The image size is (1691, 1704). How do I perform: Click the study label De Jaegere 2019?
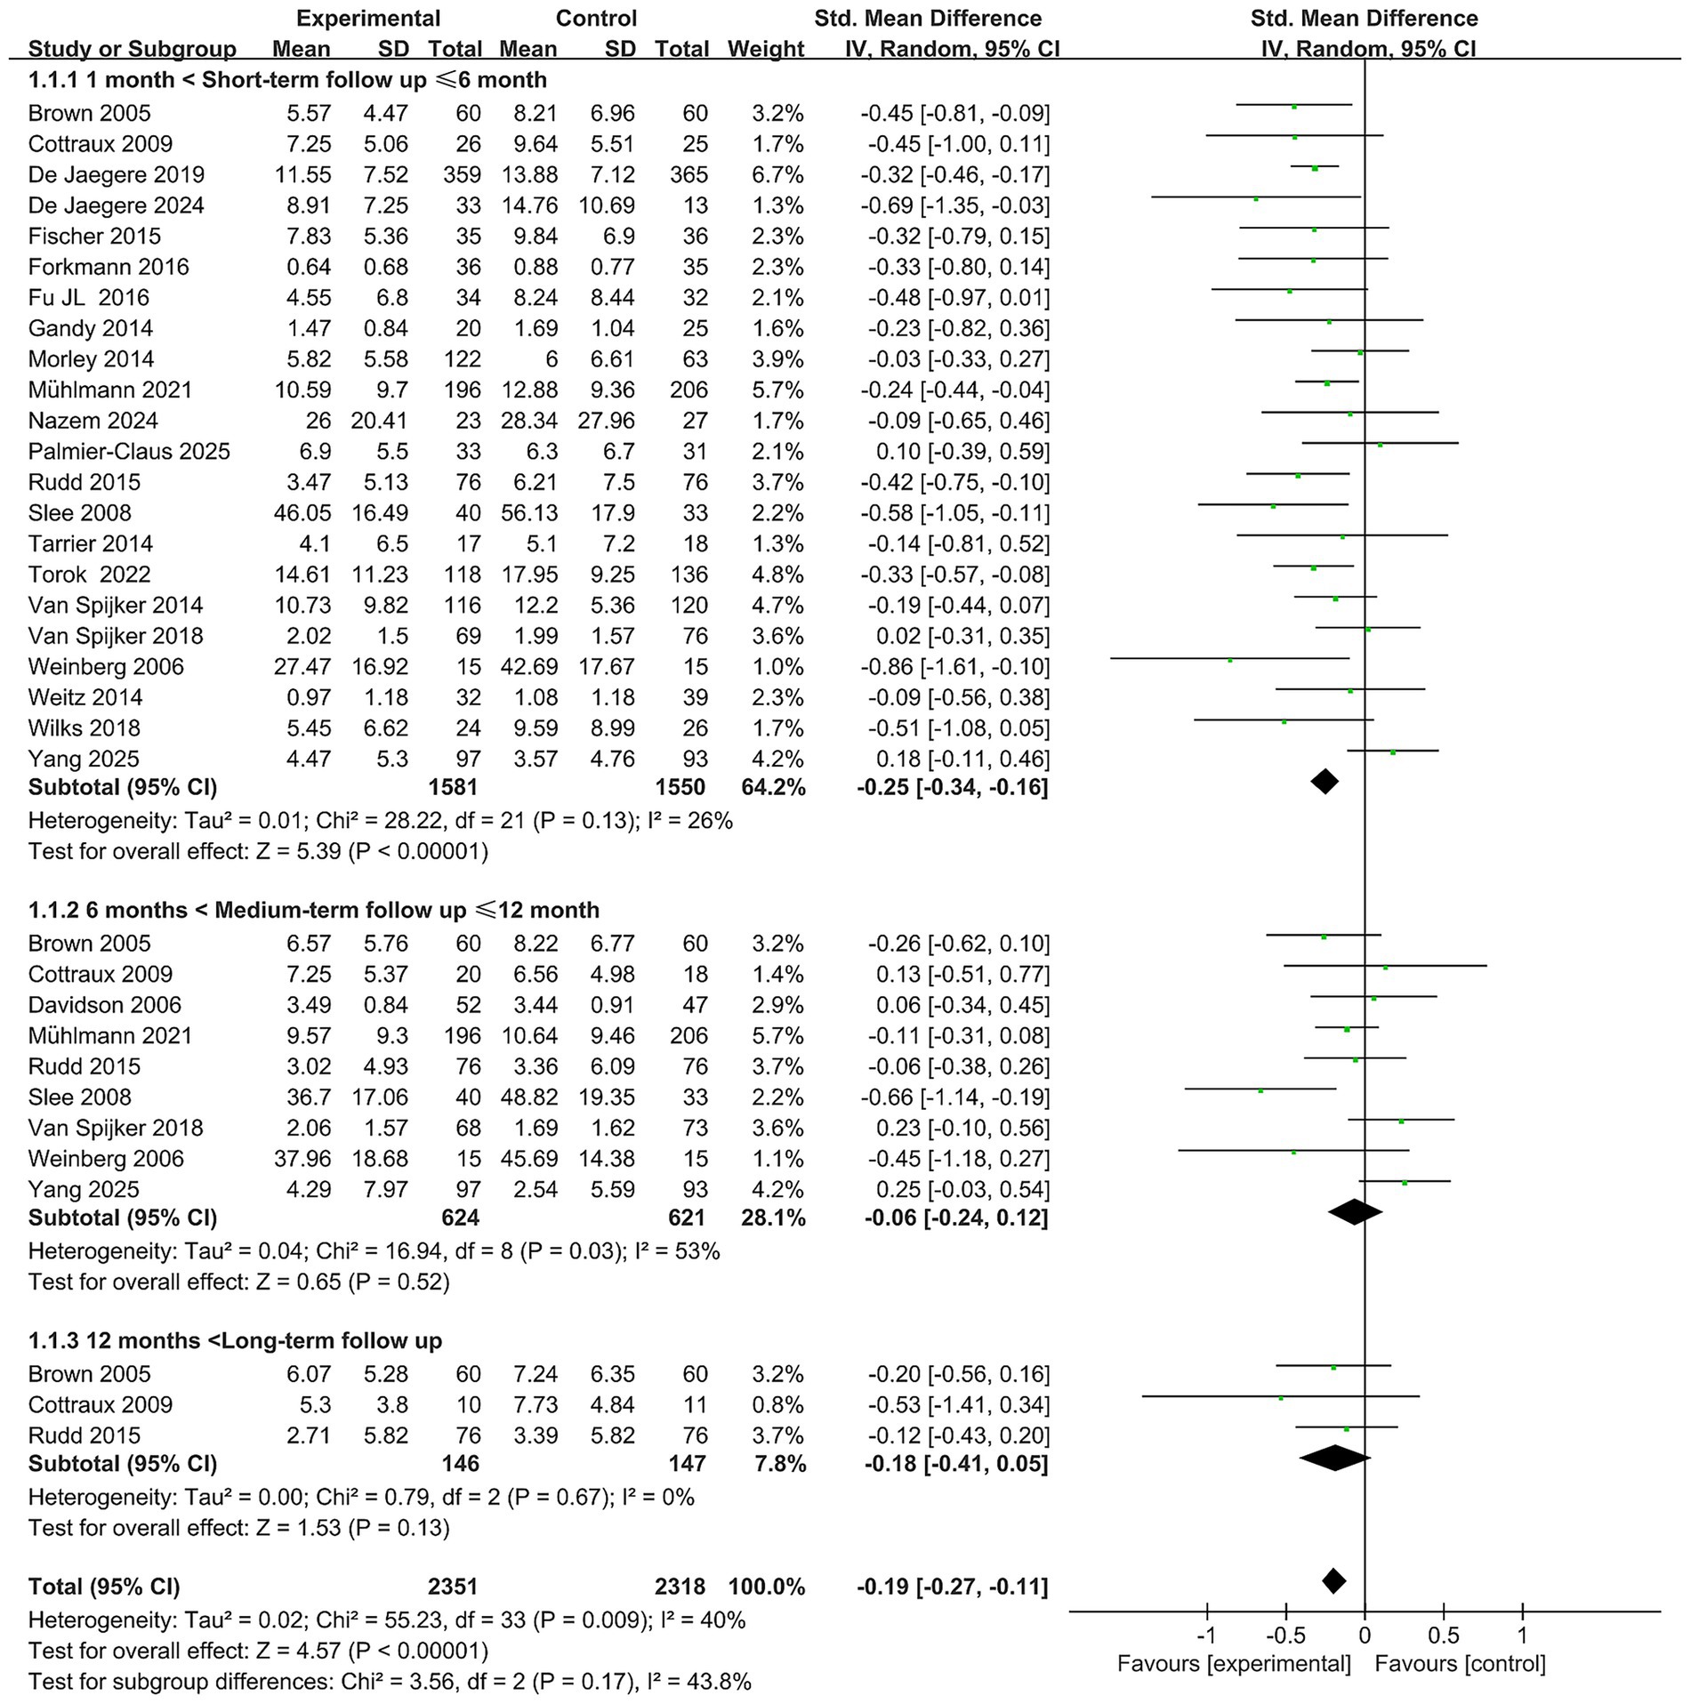(x=116, y=174)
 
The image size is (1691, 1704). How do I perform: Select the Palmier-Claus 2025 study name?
(x=129, y=451)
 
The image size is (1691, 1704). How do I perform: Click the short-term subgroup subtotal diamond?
(x=1325, y=782)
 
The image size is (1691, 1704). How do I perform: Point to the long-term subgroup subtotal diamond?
(x=1334, y=1457)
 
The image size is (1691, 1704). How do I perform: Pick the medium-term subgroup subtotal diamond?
(x=1354, y=1211)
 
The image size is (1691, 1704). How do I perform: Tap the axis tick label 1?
(x=1522, y=1636)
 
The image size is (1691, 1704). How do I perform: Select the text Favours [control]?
(x=1460, y=1664)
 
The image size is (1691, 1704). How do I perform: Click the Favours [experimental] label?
(x=1234, y=1664)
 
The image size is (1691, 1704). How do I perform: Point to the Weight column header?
(x=765, y=49)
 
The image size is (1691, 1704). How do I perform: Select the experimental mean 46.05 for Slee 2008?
(x=302, y=513)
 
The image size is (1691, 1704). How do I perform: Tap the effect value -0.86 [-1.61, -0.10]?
(x=954, y=667)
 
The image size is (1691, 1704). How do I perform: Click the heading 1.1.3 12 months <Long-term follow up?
(x=235, y=1340)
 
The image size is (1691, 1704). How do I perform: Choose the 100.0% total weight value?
(x=767, y=1587)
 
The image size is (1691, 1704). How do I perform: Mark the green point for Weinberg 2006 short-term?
(x=1230, y=660)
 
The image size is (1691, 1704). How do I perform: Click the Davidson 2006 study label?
(x=104, y=1005)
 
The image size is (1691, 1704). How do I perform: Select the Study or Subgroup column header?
(x=132, y=49)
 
